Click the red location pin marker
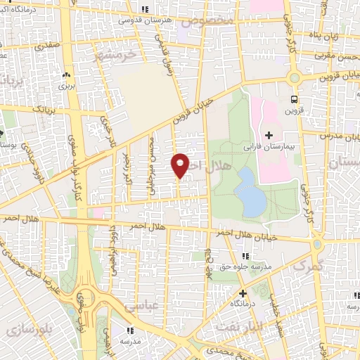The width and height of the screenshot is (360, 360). (x=180, y=165)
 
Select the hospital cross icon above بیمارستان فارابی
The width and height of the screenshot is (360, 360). (x=269, y=134)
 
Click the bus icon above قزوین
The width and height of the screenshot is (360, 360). (x=295, y=99)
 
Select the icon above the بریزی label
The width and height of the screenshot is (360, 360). (x=67, y=75)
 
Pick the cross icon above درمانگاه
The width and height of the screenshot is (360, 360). (x=243, y=293)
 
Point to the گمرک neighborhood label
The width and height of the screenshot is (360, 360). (x=307, y=266)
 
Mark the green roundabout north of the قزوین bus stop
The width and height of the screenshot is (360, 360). (x=295, y=78)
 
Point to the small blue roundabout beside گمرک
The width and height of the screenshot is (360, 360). (x=318, y=245)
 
